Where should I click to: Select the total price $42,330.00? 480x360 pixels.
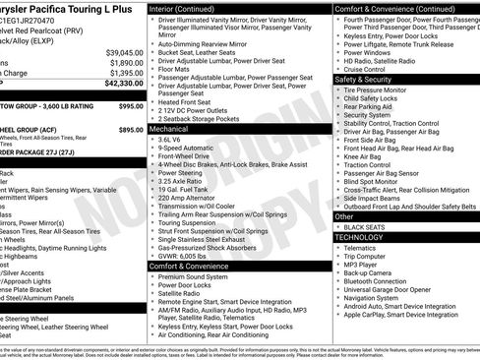pos(120,85)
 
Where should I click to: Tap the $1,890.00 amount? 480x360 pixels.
pos(124,63)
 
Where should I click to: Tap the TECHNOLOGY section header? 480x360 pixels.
pos(359,237)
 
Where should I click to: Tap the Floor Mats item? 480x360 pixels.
pos(175,69)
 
